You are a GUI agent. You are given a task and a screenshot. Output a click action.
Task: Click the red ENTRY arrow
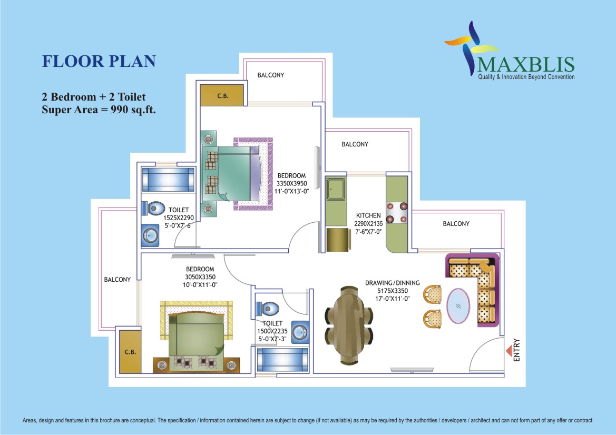point(509,350)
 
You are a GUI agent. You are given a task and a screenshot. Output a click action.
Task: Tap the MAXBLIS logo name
point(526,64)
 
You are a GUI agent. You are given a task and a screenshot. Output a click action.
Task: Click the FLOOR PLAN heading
point(99,61)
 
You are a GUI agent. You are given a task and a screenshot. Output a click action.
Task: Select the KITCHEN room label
point(368,215)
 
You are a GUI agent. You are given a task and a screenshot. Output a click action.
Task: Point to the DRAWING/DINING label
point(392,283)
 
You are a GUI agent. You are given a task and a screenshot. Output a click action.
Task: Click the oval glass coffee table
point(458,306)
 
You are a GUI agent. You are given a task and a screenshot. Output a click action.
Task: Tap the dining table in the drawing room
point(349,325)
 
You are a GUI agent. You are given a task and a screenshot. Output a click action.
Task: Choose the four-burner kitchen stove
point(397,213)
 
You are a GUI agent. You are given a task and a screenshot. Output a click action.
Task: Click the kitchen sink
point(336,189)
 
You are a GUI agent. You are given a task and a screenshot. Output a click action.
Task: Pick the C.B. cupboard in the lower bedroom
point(130,352)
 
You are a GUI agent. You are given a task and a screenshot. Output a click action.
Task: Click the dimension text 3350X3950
point(291,183)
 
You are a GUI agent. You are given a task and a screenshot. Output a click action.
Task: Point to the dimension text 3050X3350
point(200,277)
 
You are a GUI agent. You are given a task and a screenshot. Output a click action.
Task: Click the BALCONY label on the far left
point(117,280)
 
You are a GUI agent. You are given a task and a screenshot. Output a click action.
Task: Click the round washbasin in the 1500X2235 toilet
point(300,332)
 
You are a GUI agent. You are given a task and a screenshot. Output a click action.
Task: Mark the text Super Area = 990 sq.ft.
point(99,110)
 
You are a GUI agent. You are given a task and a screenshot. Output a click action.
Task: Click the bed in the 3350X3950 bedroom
point(237,174)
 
